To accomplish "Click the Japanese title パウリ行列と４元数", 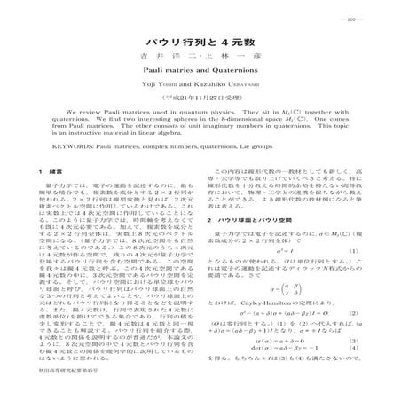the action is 200,42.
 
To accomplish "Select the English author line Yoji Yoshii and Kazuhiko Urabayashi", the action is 200,100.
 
